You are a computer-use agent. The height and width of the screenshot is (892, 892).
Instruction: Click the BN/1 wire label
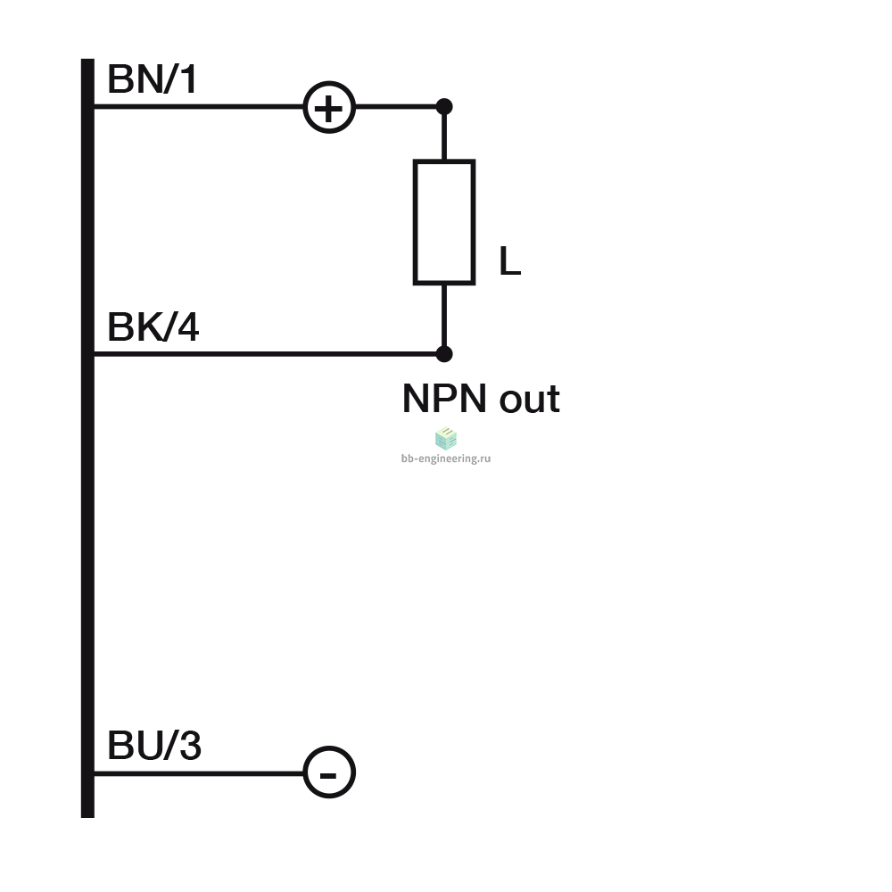[x=152, y=79]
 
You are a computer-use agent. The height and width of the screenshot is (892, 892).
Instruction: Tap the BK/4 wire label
[x=153, y=327]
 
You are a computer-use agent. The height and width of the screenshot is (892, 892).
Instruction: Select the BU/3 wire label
[x=154, y=745]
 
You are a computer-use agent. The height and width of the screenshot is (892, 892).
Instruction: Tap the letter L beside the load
[x=509, y=261]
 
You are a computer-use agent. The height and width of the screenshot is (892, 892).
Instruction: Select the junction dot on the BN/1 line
[x=444, y=106]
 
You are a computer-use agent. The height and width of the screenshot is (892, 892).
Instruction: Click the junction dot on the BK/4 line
[x=444, y=354]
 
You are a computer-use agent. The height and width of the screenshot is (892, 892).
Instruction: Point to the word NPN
[x=444, y=398]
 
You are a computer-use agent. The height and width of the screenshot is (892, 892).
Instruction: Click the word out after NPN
[x=530, y=399]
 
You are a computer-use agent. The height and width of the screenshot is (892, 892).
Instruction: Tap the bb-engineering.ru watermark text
[x=446, y=458]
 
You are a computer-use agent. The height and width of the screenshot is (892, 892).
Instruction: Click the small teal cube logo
[x=446, y=438]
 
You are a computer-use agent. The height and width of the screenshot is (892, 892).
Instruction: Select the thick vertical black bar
[x=87, y=438]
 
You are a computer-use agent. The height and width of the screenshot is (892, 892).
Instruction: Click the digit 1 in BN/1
[x=189, y=79]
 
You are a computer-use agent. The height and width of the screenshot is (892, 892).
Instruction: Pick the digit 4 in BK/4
[x=188, y=327]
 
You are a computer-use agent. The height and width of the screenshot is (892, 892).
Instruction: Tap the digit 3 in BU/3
[x=191, y=745]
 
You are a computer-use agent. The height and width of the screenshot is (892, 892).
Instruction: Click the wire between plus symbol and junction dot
[x=396, y=106]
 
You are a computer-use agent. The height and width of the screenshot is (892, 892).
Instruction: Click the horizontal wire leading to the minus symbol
[x=199, y=773]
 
